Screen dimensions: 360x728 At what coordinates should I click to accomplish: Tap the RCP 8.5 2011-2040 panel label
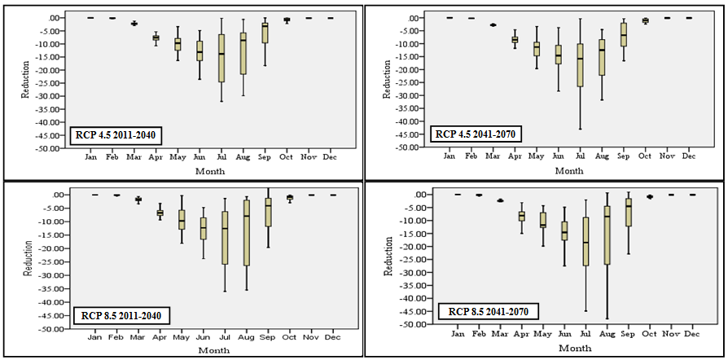pos(123,314)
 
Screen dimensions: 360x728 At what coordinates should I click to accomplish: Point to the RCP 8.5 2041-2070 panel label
pos(484,310)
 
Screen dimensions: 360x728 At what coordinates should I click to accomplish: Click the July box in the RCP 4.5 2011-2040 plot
pos(221,58)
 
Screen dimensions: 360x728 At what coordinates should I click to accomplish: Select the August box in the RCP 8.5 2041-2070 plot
pos(607,235)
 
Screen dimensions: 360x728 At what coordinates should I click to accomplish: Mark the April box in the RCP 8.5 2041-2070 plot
pos(522,216)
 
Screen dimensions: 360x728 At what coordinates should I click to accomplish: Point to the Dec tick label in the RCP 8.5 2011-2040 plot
pos(332,336)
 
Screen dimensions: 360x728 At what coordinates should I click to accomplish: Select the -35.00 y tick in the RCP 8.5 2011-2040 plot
pos(61,289)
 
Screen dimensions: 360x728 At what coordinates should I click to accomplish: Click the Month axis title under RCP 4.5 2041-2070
pos(568,171)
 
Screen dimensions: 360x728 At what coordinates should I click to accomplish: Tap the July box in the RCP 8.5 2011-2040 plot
pos(225,238)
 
